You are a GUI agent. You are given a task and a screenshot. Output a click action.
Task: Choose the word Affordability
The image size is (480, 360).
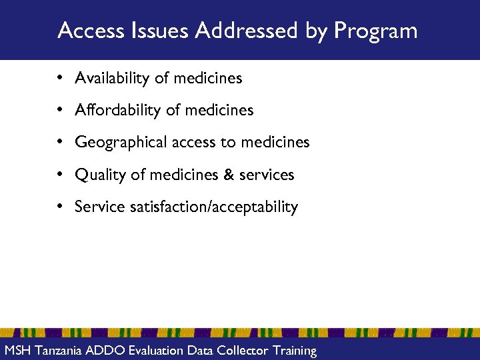pyautogui.click(x=117, y=111)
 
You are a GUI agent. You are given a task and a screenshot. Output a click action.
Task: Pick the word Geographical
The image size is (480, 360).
pyautogui.click(x=119, y=143)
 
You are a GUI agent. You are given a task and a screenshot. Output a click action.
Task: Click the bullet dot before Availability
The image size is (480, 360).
pyautogui.click(x=60, y=79)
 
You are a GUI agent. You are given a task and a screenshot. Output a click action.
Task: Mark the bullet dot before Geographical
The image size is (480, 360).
pyautogui.click(x=60, y=143)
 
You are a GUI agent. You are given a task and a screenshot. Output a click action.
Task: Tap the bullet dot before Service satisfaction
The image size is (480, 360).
pyautogui.click(x=60, y=207)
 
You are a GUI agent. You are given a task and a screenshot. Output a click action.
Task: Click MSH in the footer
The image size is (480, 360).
pyautogui.click(x=17, y=351)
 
